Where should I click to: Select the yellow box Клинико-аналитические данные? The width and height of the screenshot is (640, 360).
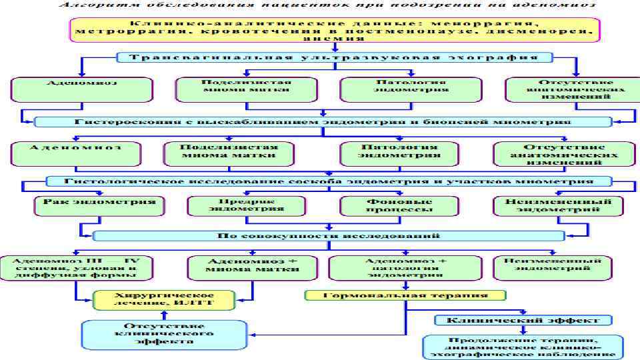tap(337, 31)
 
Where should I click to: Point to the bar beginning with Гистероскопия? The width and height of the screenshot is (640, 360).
tap(323, 122)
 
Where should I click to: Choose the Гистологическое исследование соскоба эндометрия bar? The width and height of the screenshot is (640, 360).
tap(329, 181)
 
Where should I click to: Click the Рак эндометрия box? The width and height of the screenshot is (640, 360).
tap(99, 204)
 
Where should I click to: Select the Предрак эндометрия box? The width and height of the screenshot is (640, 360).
tap(245, 205)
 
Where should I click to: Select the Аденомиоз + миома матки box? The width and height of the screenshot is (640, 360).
tap(243, 267)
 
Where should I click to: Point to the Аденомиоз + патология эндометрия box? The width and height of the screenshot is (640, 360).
tap(406, 267)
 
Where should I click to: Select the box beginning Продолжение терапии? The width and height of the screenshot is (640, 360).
tap(524, 346)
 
